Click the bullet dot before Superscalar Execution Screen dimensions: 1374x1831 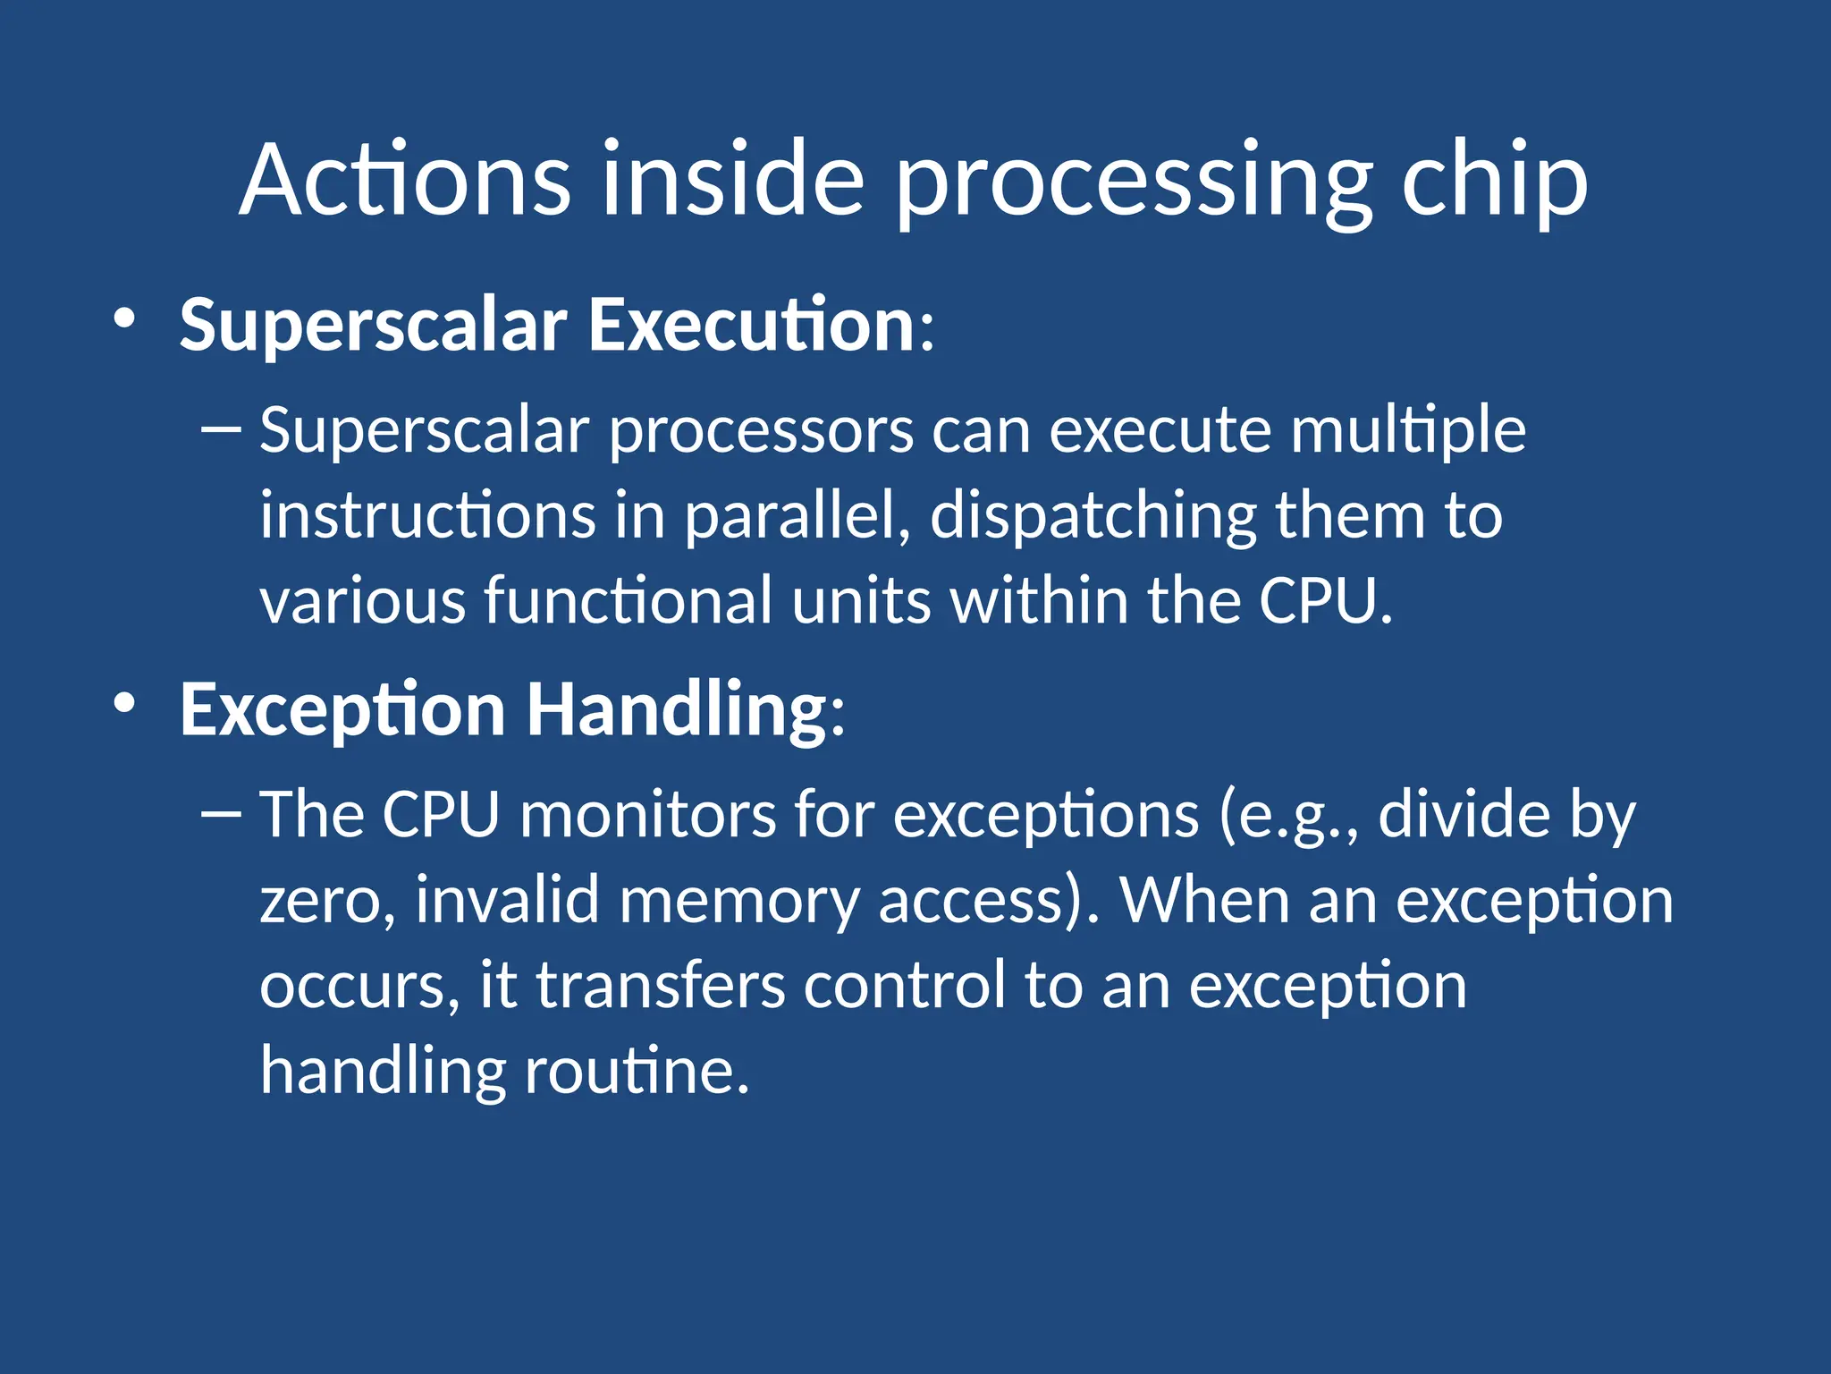point(124,318)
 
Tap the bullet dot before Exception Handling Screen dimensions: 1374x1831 point(124,703)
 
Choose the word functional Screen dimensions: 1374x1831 point(629,600)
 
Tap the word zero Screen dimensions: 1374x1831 point(326,901)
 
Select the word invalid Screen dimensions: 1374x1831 point(507,899)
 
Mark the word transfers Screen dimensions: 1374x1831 point(660,985)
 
